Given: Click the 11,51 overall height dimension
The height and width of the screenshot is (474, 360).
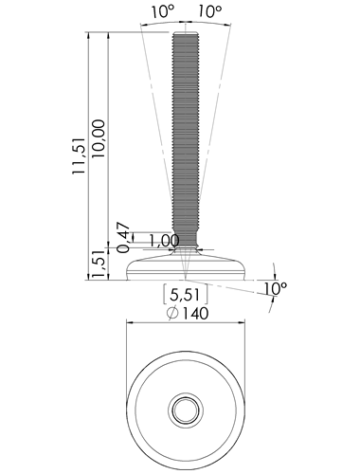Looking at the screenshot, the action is (x=79, y=156).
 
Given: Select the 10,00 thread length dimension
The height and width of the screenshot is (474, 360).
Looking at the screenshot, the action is (x=98, y=139).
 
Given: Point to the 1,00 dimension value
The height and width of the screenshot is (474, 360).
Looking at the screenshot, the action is (x=164, y=241).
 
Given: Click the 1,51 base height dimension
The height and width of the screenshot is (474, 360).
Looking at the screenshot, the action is (x=99, y=264).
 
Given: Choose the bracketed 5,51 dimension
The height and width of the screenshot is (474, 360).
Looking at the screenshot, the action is (x=186, y=295).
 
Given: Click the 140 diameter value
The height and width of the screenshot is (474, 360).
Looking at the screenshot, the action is (x=196, y=314).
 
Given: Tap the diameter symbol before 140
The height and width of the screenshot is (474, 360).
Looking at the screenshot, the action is (x=172, y=314).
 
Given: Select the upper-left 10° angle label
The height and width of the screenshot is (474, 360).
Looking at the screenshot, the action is (x=163, y=11).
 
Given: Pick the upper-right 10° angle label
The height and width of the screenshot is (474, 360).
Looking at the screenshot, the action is (x=210, y=11).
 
